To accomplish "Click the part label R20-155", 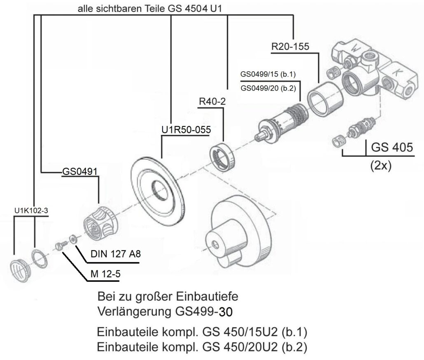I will coord(290,47).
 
